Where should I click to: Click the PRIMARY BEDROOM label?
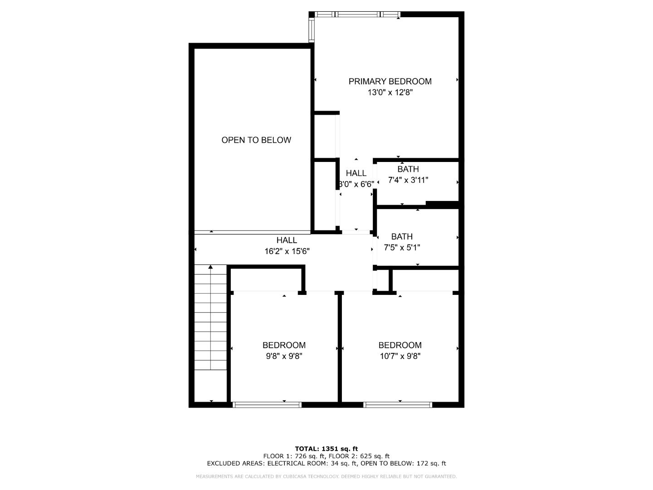pos(390,82)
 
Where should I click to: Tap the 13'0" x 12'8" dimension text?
pos(390,93)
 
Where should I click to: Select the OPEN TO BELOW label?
pos(256,140)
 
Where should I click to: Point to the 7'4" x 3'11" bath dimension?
pos(408,180)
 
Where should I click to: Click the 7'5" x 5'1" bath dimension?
pos(402,248)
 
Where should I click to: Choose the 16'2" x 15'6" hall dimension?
pos(287,251)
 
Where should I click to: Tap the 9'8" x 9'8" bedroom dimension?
pos(284,356)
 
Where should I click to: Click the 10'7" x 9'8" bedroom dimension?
pos(400,356)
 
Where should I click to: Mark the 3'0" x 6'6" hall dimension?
pos(356,184)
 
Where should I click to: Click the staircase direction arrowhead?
pos(210,267)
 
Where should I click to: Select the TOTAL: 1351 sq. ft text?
pos(326,449)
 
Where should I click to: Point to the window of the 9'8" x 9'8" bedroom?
pos(267,405)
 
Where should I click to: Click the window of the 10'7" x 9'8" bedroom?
pos(398,405)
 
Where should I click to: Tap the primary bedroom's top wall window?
pos(358,15)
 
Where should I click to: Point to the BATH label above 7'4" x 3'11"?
pos(408,169)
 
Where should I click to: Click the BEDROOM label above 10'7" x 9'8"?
pos(400,345)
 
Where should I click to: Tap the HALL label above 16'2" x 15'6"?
pos(287,240)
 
